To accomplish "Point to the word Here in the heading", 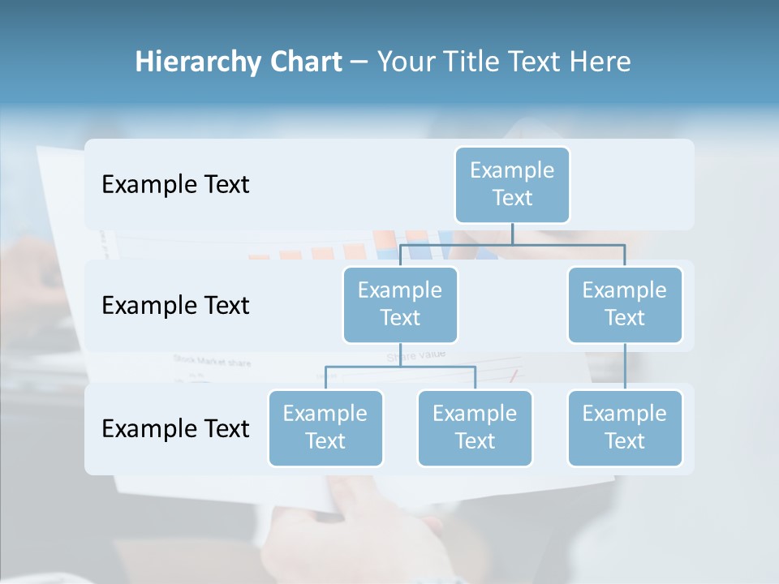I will (600, 62).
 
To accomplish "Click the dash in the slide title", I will (359, 62).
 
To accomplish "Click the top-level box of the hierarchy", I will (512, 184).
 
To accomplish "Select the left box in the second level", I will (400, 304).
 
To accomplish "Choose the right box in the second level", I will (625, 304).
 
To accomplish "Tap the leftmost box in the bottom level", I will (325, 427).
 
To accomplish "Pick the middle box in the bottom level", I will (475, 427).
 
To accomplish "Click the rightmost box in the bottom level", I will (625, 427).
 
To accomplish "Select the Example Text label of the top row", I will (175, 184).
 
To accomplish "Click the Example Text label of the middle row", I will (175, 305).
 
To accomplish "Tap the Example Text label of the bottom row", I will (175, 428).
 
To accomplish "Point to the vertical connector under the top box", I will (512, 234).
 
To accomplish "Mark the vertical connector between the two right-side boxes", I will (625, 367).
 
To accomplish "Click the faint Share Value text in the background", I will (415, 356).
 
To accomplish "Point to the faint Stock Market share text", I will (212, 361).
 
